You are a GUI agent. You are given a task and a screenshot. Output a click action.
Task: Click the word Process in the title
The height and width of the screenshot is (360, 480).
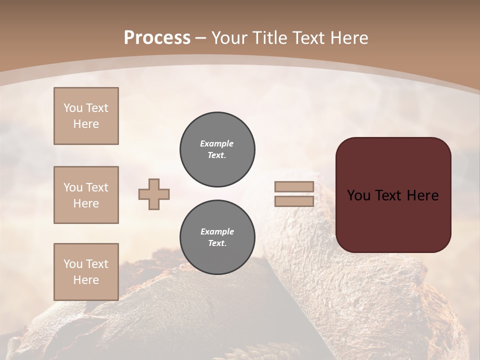point(157,38)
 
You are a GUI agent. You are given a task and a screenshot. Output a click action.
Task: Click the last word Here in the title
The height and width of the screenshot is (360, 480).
point(349,38)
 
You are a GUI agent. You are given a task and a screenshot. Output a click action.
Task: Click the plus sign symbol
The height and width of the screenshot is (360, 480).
point(154,194)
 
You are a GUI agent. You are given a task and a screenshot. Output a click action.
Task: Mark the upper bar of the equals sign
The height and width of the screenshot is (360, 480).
point(294,187)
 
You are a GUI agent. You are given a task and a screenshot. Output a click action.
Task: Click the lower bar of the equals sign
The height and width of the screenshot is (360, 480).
point(294,201)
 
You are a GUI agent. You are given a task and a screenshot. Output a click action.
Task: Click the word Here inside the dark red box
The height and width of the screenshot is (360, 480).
point(422,195)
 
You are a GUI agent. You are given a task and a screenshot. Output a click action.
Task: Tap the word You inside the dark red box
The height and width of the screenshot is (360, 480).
point(358,195)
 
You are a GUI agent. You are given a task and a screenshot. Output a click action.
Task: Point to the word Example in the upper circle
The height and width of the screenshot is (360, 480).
point(217,143)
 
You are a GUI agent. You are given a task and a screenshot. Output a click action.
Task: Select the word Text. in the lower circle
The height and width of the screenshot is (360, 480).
point(217,243)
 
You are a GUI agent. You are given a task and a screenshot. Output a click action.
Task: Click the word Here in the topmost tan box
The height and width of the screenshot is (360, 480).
point(86,124)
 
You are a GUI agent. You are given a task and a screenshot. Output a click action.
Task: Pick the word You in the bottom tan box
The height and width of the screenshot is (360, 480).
point(73,264)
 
